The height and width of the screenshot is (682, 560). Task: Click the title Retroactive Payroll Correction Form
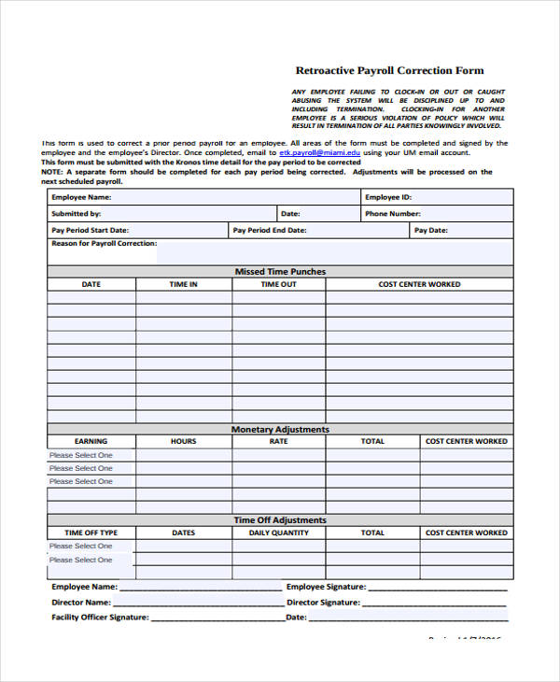coord(389,70)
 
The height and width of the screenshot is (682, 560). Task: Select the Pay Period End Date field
coord(318,230)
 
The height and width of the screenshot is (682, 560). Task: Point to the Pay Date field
coord(461,230)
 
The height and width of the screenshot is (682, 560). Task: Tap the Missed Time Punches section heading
coord(280,272)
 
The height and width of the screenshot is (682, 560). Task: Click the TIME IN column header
coord(183,284)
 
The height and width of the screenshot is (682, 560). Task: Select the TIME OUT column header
coord(279,284)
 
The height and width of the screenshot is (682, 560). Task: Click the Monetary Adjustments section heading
coord(280,429)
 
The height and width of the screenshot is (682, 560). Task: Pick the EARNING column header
coord(91,441)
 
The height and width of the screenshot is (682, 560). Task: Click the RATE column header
coord(279,441)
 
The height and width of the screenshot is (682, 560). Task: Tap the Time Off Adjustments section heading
coord(280,519)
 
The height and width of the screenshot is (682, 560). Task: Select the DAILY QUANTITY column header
coord(279,533)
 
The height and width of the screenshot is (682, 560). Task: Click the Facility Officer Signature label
coord(100,618)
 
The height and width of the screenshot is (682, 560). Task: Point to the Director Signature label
coord(326,603)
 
